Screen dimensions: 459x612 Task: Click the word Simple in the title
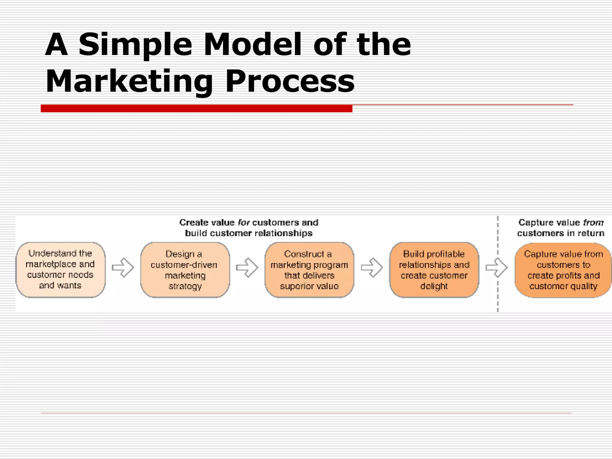pos(135,45)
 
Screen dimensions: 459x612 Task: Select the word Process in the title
pos(290,81)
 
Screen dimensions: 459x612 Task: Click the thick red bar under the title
pos(196,108)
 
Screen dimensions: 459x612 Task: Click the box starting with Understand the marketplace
pos(60,270)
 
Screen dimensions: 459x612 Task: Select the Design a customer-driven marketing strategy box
pos(185,270)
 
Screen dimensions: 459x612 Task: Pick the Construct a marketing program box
pos(309,270)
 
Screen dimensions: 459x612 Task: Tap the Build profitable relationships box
pos(434,270)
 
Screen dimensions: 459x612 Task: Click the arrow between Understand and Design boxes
pos(123,267)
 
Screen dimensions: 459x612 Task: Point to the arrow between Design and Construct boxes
pos(247,267)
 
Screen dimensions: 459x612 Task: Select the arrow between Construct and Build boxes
pos(372,267)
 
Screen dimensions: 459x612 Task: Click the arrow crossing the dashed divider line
pos(497,268)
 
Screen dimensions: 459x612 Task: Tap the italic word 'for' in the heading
pos(244,223)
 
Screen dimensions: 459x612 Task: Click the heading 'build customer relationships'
pos(249,233)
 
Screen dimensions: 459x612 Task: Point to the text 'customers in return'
pos(561,233)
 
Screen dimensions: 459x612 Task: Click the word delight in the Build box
pos(434,286)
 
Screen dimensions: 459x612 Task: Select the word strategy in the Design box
pos(185,286)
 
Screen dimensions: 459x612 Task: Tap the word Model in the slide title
pos(253,45)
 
